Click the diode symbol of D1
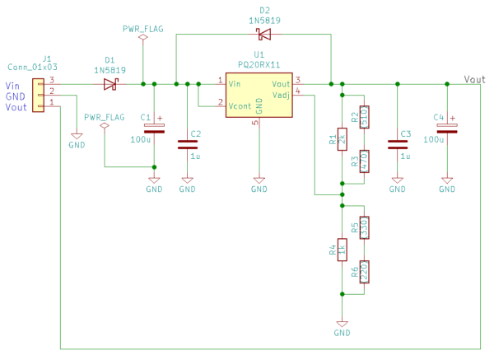[110, 83]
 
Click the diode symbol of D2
[263, 35]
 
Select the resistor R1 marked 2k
[343, 138]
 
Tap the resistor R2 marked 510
[364, 117]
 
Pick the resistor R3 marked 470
[364, 161]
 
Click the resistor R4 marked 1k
[343, 250]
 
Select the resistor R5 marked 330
[364, 228]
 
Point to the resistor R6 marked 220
[364, 272]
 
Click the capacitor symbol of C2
[187, 144]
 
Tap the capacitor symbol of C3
[398, 144]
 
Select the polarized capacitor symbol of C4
[447, 129]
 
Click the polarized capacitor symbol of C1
[154, 128]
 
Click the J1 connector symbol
[38, 94]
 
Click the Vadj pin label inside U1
[281, 94]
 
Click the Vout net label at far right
[474, 79]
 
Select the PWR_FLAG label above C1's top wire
[142, 28]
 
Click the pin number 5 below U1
[254, 123]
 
